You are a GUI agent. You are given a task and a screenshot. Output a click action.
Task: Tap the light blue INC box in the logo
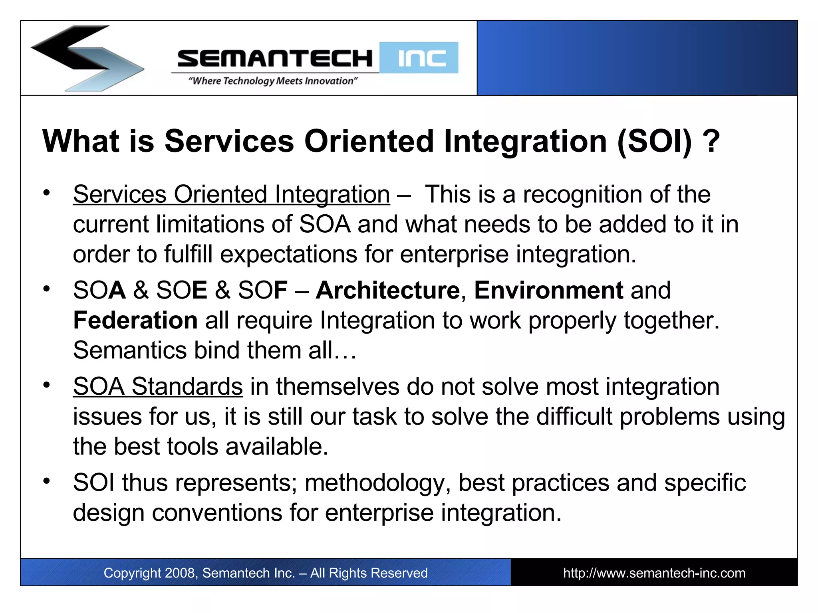(x=419, y=58)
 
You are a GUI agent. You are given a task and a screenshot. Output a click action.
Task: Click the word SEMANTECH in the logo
(x=275, y=59)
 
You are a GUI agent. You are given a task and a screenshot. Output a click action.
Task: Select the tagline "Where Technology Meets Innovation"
(x=273, y=81)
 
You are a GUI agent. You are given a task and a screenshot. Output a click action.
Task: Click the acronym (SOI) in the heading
(x=654, y=141)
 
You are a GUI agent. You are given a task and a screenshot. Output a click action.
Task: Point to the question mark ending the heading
(x=711, y=141)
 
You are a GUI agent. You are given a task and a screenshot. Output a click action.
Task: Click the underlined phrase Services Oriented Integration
(x=231, y=195)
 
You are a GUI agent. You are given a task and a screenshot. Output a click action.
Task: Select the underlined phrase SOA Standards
(x=158, y=387)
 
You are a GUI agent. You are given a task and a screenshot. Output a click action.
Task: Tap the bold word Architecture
(x=387, y=290)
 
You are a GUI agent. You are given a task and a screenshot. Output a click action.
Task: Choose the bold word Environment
(x=548, y=290)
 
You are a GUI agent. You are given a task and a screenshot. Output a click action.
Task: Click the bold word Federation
(x=135, y=320)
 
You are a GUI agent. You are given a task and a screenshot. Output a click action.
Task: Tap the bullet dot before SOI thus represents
(x=47, y=481)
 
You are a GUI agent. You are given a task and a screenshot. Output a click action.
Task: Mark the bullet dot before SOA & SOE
(x=47, y=289)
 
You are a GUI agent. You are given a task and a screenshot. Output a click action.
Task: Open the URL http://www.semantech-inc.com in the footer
(x=654, y=573)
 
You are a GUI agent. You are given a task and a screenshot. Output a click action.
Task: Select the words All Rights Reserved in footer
(x=369, y=573)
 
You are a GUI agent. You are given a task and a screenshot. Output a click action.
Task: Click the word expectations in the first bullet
(x=288, y=255)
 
